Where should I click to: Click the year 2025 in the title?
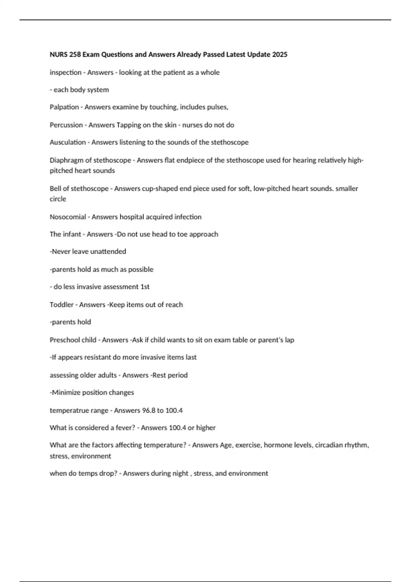(280, 54)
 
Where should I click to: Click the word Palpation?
(64, 107)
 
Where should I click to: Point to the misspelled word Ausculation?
(67, 142)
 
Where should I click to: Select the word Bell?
(55, 188)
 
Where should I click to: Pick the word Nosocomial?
(68, 217)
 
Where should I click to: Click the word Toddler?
(62, 305)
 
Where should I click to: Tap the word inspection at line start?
(65, 72)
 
